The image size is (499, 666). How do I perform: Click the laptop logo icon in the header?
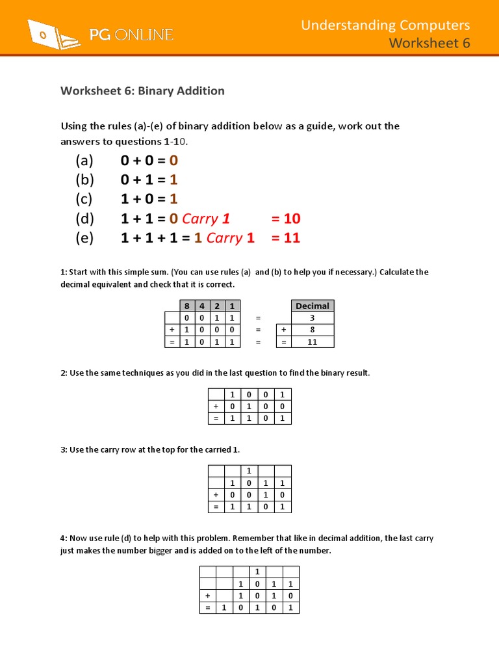point(52,34)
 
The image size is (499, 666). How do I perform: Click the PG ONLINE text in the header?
point(131,34)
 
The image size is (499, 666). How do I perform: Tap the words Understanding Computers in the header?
point(385,25)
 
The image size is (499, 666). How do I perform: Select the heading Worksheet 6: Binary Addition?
point(142,91)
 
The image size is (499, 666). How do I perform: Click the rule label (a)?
point(84,161)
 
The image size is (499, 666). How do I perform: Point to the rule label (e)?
point(84,238)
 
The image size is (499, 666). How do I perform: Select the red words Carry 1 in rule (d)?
point(206,219)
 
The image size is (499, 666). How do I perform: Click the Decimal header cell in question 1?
point(312,306)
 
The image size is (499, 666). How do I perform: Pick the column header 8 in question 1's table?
point(186,306)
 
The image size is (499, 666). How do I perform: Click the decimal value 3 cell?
point(312,318)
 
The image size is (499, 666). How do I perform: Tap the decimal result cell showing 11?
point(312,341)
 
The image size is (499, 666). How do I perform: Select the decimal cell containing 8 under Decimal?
point(312,330)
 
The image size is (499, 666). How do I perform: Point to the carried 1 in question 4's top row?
point(257,572)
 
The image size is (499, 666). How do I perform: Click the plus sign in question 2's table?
point(216,406)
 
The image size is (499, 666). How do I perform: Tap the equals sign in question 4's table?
point(207,607)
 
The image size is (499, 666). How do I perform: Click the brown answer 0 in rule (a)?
point(173,161)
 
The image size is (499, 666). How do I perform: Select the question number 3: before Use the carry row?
point(64,449)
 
